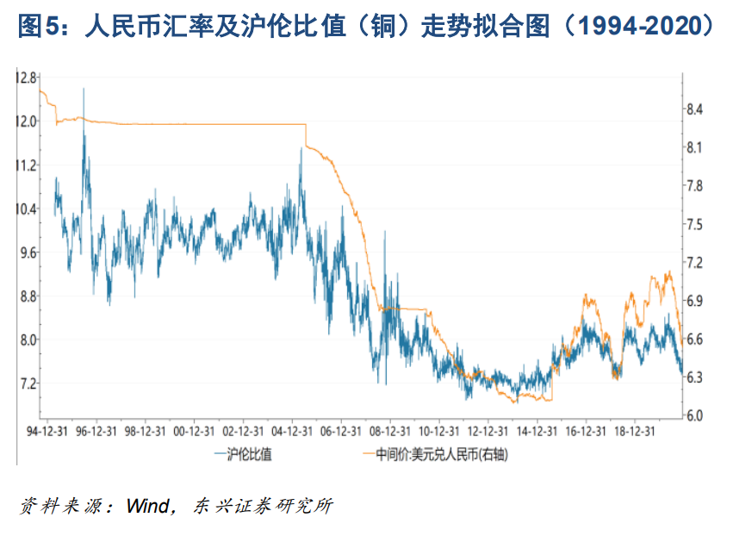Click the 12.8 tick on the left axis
(26, 78)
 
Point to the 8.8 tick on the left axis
(26, 296)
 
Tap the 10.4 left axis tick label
(26, 209)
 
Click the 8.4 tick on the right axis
(694, 109)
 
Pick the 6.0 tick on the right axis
(694, 415)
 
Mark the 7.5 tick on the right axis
(694, 224)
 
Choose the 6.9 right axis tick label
(694, 301)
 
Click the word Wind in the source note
(148, 506)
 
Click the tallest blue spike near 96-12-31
(84, 89)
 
